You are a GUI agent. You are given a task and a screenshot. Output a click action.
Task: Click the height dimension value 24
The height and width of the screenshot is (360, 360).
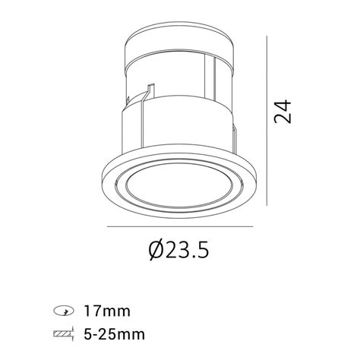(283, 112)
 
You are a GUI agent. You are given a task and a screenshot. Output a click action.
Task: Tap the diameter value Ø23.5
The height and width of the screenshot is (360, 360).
(178, 250)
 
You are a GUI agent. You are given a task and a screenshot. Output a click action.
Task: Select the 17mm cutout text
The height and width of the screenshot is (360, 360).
(107, 311)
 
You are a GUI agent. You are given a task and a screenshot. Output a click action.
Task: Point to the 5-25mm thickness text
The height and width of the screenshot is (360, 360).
(115, 334)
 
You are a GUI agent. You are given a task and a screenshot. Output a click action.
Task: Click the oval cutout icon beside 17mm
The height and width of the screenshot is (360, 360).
(64, 311)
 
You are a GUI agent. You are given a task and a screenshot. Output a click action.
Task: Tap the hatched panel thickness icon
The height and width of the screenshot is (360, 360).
(63, 334)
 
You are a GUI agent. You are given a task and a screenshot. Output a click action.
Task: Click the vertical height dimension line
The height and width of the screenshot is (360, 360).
(267, 121)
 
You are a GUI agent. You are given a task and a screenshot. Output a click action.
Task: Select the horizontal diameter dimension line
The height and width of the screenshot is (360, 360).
(180, 226)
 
